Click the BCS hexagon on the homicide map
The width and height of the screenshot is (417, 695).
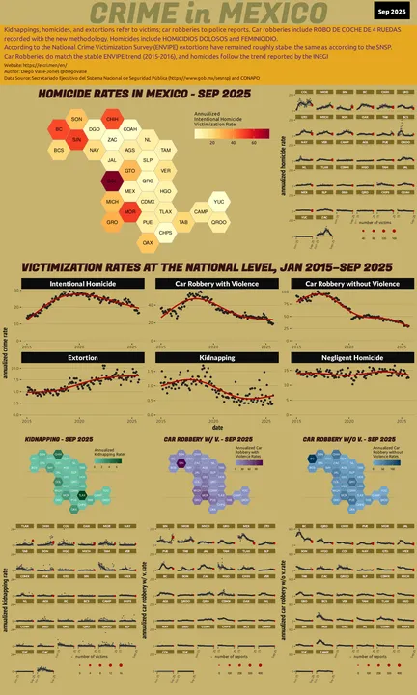pos(59,150)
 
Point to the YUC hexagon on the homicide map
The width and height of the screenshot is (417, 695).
pos(219,201)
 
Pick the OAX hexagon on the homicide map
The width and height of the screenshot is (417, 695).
pos(148,243)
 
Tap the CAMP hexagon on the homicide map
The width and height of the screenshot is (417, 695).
pos(201,211)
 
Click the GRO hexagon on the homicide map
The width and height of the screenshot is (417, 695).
pos(112,222)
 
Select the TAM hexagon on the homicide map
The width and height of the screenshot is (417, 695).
pos(165,150)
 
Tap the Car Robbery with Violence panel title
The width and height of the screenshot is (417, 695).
pos(208,284)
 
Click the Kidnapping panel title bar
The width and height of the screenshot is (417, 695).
pos(208,357)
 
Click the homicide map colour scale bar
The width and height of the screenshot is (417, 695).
pos(225,135)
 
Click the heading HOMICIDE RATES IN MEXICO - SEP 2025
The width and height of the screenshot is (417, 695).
pos(143,95)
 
